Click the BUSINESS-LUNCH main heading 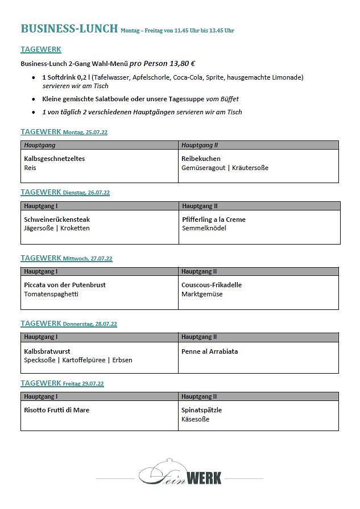pos(69,28)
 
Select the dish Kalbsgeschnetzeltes pos(54,159)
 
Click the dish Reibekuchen pos(201,159)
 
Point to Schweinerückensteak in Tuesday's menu pos(57,220)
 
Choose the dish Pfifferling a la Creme pos(213,220)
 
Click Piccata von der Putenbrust pos(65,285)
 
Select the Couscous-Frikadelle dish pos(212,285)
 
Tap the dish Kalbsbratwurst pos(47,351)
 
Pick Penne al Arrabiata pos(209,351)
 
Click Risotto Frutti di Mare pos(56,410)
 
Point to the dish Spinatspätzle pos(201,410)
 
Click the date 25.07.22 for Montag pos(97,133)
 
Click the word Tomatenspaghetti pos(51,294)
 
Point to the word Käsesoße pos(196,419)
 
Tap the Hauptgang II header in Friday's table pos(199,396)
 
